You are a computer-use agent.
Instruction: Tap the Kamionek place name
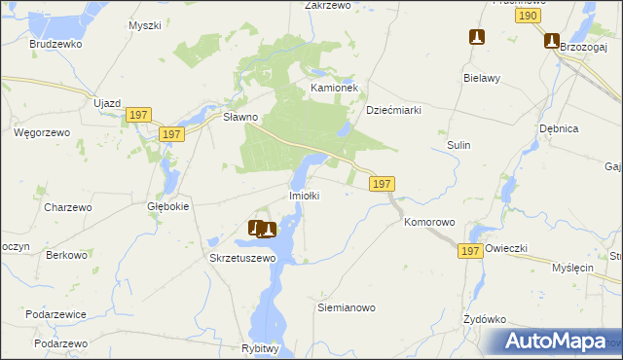point(335,88)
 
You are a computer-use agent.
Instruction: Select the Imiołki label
point(305,196)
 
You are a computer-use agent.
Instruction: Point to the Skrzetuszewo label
point(243,259)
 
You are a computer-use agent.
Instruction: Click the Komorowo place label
point(429,222)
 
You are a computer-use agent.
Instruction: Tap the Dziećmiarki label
point(393,110)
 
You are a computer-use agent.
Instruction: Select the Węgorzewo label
point(39,131)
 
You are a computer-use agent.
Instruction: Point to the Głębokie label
point(167,206)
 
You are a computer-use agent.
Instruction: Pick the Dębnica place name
point(559,127)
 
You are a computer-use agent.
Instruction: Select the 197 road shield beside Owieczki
point(471,251)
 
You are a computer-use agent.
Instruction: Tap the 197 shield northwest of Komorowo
point(382,183)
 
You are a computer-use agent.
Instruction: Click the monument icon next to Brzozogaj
point(552,41)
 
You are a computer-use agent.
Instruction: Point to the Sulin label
point(458,145)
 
